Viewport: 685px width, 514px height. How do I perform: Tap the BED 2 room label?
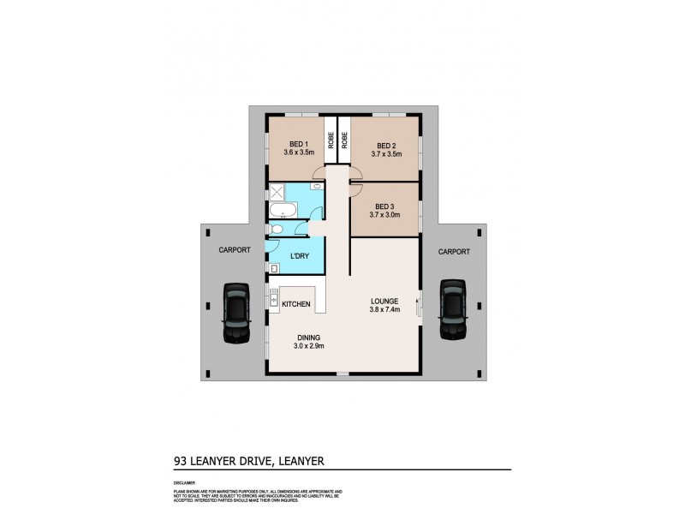click(386, 145)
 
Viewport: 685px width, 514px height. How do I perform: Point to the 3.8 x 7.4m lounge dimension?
click(385, 310)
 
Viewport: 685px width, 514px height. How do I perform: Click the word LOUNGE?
click(385, 302)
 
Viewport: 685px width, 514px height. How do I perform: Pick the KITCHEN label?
click(296, 305)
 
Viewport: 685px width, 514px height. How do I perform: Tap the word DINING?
click(308, 337)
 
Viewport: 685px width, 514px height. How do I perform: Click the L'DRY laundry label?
click(300, 256)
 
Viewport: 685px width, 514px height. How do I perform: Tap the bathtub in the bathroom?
click(282, 211)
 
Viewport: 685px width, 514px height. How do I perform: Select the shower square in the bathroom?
click(278, 192)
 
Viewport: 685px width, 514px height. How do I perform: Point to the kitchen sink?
click(273, 300)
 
